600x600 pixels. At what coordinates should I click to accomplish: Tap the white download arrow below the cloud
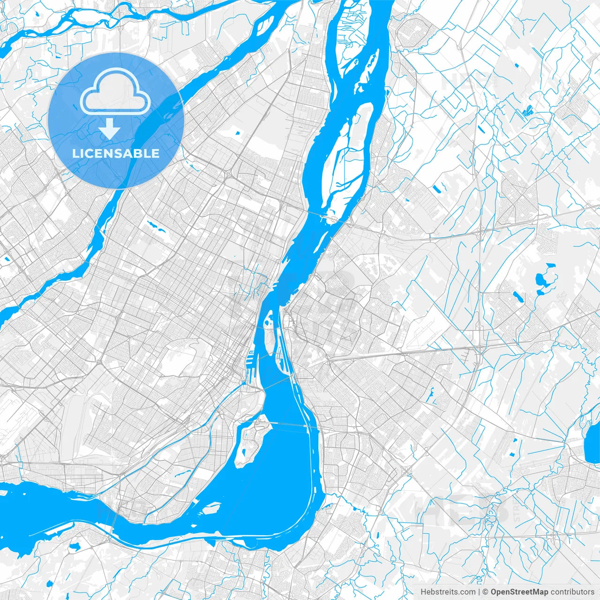[109, 128]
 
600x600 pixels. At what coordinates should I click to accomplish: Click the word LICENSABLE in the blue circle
[115, 153]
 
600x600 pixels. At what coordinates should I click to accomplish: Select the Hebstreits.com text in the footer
[448, 592]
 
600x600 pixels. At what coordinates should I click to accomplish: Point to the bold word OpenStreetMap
[519, 592]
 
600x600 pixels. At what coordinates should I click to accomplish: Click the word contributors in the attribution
[572, 592]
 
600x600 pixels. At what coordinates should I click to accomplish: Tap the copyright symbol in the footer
[486, 592]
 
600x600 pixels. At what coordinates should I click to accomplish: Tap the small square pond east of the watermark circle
[237, 133]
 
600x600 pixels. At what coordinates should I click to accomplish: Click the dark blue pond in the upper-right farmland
[527, 111]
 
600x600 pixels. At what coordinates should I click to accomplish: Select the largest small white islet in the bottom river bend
[212, 506]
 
